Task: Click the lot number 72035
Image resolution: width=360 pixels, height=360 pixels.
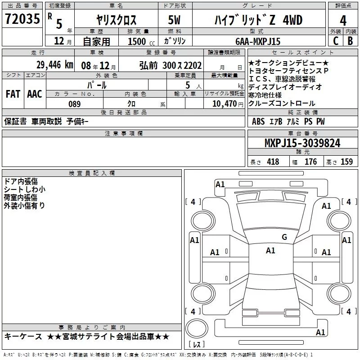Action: point(22,19)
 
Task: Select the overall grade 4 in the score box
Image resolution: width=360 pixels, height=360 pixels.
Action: point(343,21)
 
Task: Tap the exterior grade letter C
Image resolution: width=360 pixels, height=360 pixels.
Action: point(336,41)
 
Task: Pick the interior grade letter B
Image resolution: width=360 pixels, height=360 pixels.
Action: point(350,41)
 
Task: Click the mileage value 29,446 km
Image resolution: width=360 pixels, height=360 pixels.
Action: point(55,65)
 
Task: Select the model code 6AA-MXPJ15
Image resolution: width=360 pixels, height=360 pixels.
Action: point(258,41)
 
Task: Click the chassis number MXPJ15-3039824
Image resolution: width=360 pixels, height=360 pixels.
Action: point(302,143)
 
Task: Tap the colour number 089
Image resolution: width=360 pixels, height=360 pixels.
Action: point(74,104)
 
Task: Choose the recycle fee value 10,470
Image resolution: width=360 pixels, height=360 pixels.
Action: point(224,104)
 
